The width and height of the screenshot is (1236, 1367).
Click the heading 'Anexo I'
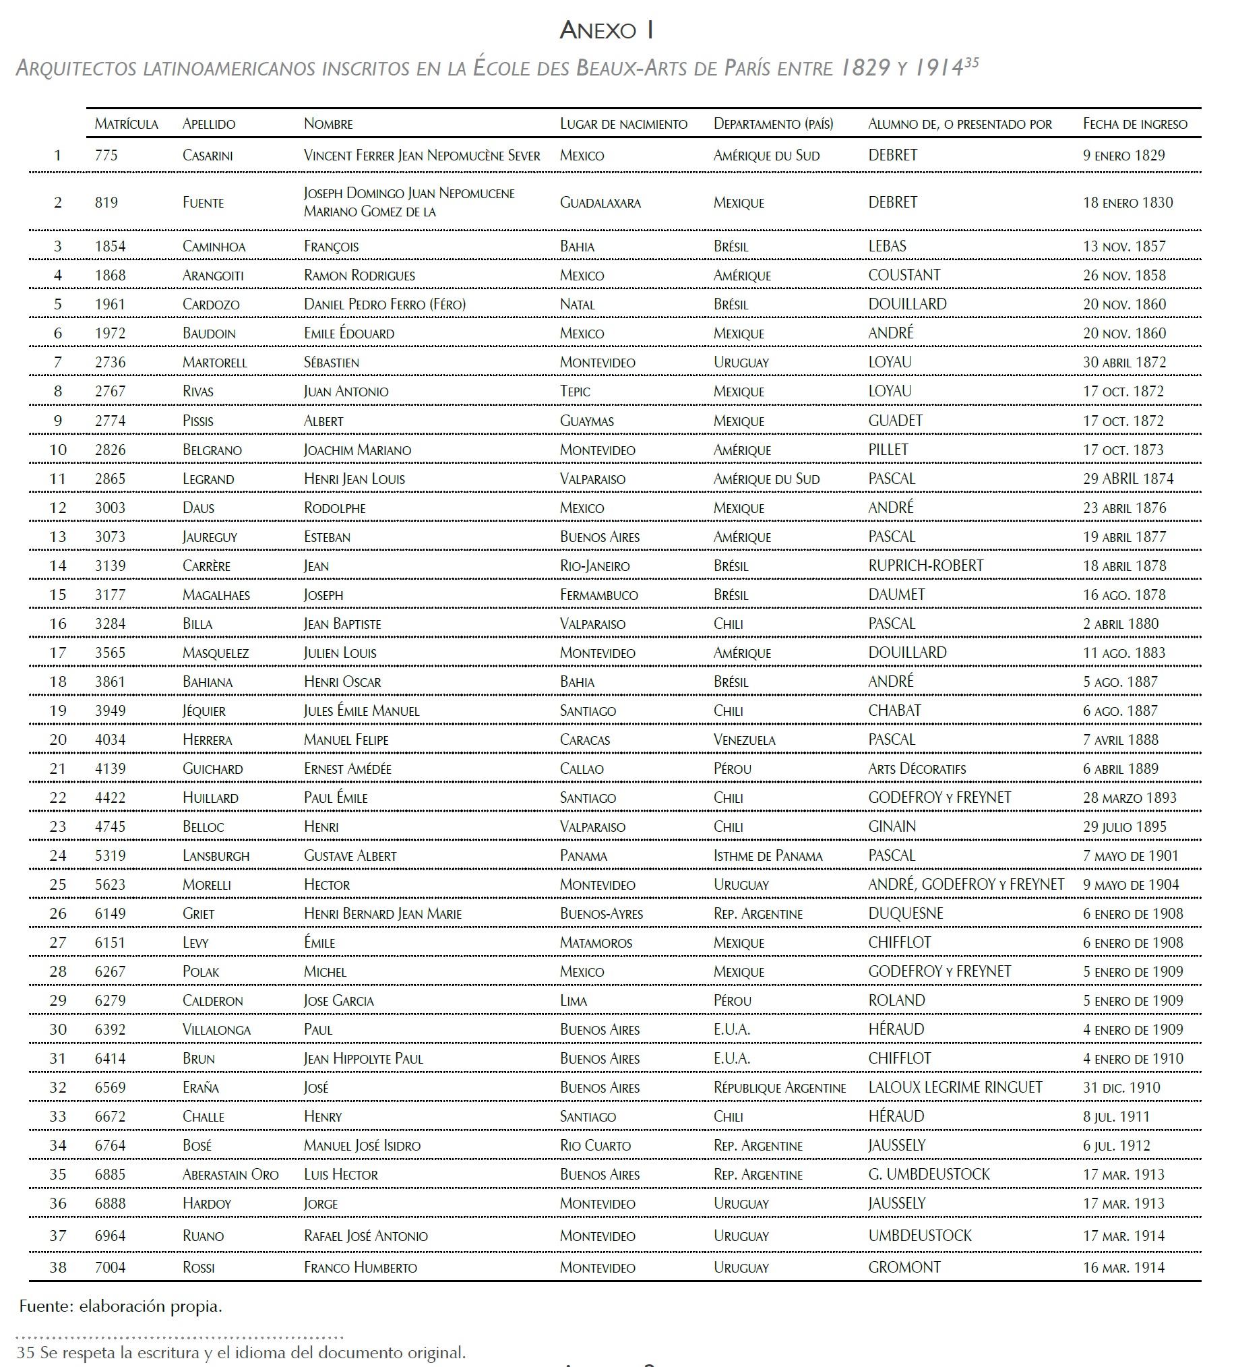(606, 30)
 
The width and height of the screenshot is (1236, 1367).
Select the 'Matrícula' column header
(126, 123)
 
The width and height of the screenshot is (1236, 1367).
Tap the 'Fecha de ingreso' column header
(1134, 123)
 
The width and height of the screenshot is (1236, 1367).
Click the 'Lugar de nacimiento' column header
(623, 123)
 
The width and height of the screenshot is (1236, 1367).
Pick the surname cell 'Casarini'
(208, 155)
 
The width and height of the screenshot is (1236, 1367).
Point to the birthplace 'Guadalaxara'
(600, 202)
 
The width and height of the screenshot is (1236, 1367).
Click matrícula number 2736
(111, 362)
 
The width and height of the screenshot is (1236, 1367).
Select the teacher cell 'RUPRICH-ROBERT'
(925, 566)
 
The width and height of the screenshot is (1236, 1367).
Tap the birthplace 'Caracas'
(584, 739)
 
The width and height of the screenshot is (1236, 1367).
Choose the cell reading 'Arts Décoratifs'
(917, 768)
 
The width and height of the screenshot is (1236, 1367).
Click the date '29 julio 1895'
(1124, 826)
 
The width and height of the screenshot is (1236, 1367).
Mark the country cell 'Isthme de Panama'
(768, 856)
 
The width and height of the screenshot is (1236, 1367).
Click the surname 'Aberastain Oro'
(230, 1174)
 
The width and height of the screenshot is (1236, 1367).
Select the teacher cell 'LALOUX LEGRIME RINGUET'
(954, 1088)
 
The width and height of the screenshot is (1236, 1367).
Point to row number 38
(59, 1267)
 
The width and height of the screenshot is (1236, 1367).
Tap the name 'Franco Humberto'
(360, 1267)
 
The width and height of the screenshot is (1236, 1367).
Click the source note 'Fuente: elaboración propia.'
(121, 1306)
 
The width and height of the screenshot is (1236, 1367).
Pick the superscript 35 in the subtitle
(972, 63)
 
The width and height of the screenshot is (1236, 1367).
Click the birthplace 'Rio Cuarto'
(595, 1145)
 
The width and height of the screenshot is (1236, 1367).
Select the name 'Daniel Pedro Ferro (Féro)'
(384, 304)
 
